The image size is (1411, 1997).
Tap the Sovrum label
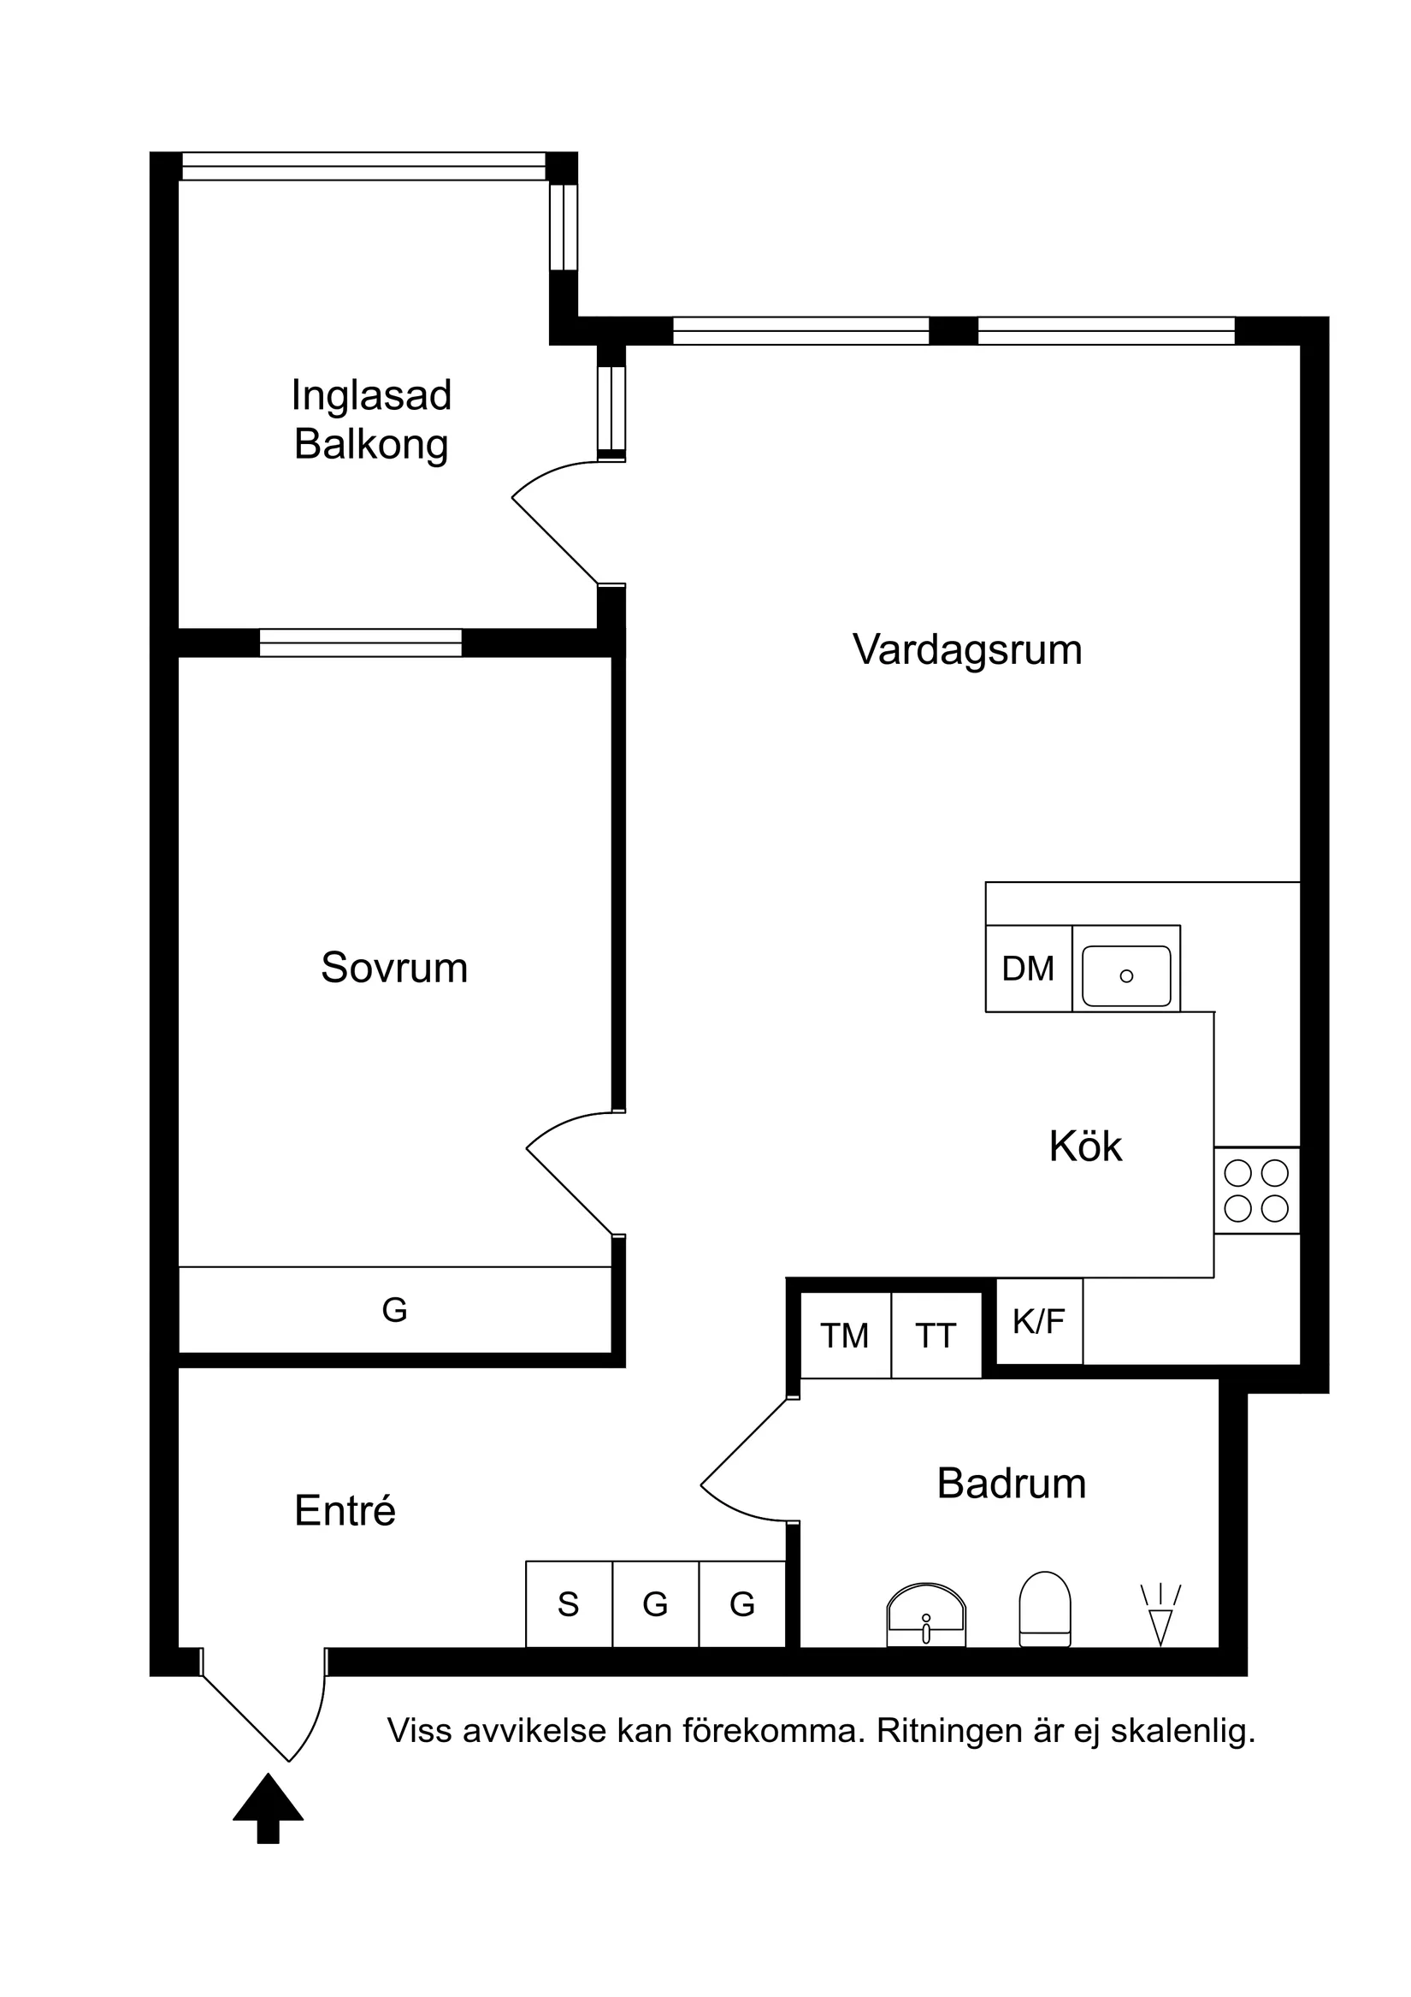394,968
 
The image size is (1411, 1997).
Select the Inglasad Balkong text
371,419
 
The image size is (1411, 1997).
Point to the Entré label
345,1511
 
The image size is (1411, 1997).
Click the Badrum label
1011,1484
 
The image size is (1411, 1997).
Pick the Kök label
1085,1147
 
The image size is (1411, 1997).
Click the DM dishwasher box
1028,969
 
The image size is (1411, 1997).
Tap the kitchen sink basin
1126,976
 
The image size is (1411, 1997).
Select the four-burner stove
1256,1191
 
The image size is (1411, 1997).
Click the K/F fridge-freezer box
1039,1321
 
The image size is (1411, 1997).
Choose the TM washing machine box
845,1336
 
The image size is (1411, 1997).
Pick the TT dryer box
936,1336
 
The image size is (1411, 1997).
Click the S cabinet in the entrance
569,1604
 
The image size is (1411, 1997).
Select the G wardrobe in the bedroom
395,1309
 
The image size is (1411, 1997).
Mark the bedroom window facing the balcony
360,643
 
